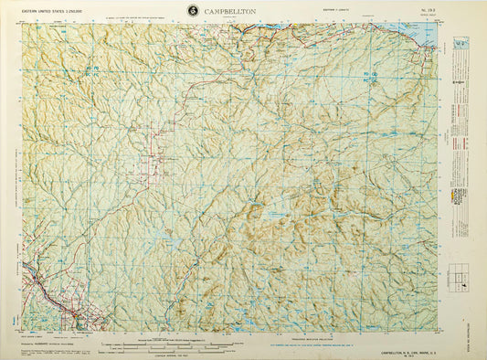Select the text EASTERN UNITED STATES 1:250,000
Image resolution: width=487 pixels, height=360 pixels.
pyautogui.click(x=48, y=13)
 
